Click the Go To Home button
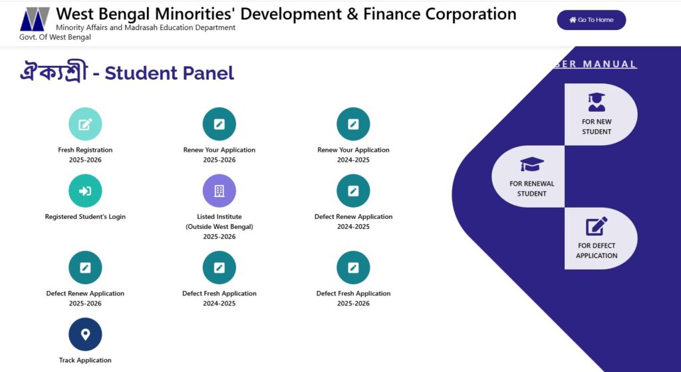point(591,20)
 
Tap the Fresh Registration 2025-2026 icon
point(85,124)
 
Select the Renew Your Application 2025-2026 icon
point(219,124)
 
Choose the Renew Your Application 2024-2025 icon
point(353,124)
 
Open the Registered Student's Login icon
point(85,191)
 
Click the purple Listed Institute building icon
point(219,191)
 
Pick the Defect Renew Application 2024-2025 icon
point(353,191)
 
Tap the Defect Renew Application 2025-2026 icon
point(85,268)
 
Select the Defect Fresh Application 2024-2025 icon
point(219,268)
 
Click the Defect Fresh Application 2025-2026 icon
point(353,268)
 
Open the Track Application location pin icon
point(85,334)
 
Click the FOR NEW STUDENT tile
point(601,114)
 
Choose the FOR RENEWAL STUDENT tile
point(528,176)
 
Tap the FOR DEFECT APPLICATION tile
point(601,238)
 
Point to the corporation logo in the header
point(35,19)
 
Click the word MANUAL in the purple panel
point(609,65)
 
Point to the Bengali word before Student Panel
point(54,72)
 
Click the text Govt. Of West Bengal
point(55,37)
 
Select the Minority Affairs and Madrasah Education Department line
point(146,28)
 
